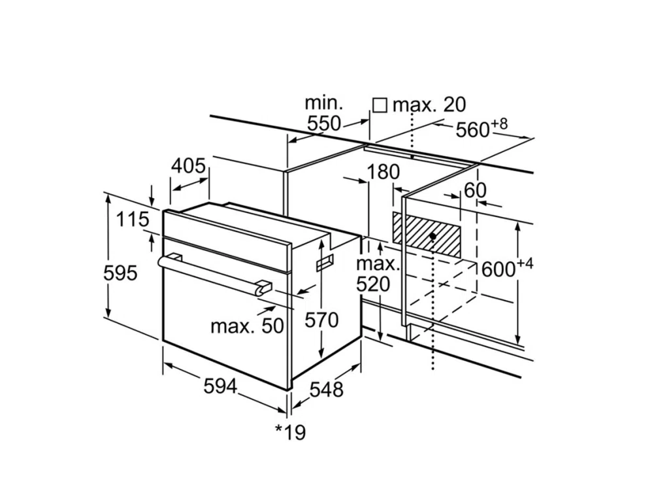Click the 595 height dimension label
point(121,273)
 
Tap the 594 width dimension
point(220,386)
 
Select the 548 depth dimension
point(326,390)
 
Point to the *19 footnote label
point(290,432)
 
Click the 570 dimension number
point(322,320)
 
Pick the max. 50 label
point(248,325)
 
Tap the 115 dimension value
point(133,220)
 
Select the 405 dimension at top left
point(188,166)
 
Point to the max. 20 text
point(429,105)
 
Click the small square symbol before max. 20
point(380,105)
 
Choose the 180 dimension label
point(383,172)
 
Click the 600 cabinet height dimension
point(501,269)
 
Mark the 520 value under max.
point(373,284)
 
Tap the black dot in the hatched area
point(432,236)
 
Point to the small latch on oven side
point(325,263)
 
